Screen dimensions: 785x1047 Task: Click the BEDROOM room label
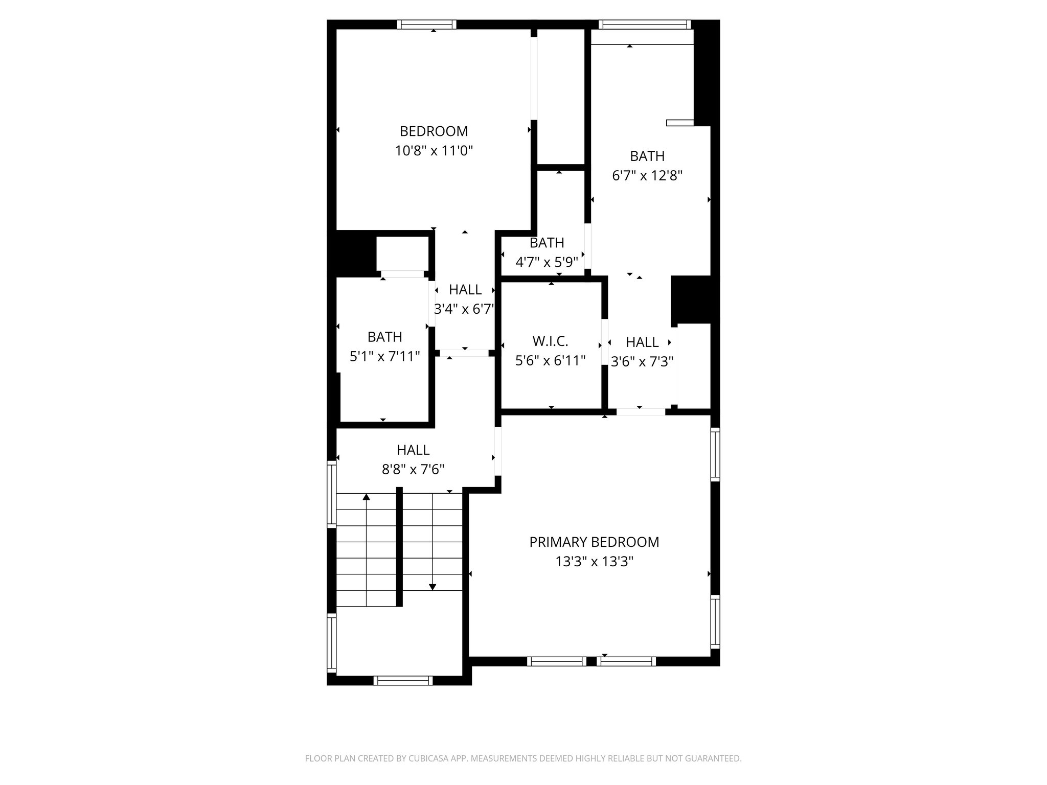[434, 131]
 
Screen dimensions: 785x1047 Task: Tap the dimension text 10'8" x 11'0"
[434, 151]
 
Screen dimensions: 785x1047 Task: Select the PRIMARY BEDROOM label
[594, 542]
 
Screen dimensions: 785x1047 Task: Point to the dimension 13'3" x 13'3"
[594, 562]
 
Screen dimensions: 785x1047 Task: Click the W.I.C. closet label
[550, 341]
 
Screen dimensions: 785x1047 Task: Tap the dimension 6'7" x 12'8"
[647, 176]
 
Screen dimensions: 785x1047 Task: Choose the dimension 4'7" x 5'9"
[547, 262]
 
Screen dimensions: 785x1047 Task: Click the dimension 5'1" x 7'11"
[384, 356]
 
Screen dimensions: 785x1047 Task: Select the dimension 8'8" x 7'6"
[413, 469]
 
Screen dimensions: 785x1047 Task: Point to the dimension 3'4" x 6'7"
[465, 309]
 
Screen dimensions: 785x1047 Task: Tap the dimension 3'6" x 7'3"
[642, 361]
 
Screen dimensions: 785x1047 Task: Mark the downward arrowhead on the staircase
[433, 587]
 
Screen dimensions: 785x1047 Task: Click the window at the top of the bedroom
[426, 25]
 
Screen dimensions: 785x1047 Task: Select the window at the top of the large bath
[645, 25]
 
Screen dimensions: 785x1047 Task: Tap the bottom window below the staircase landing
[403, 680]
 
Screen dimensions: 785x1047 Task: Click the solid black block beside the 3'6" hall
[695, 299]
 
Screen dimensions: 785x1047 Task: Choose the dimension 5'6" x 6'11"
[550, 361]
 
